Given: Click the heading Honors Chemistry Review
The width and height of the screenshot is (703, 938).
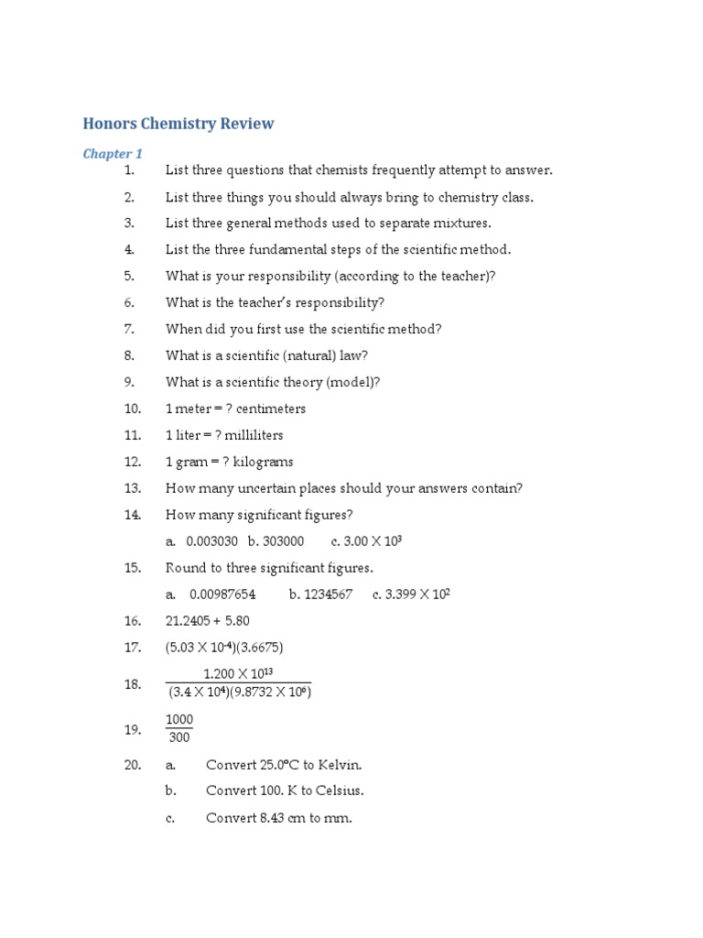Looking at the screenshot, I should coord(178,124).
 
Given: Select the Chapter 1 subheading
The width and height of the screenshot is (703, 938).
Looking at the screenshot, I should coord(113,154).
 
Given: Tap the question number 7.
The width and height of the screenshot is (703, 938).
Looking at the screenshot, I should coord(129,329).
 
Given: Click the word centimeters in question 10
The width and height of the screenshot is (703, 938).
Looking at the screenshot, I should coord(271,409).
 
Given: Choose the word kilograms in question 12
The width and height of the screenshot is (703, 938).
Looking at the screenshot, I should coord(264,462).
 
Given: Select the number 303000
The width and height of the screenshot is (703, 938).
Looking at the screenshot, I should coord(284,541).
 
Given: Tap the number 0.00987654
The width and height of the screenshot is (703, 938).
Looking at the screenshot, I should coord(222,594).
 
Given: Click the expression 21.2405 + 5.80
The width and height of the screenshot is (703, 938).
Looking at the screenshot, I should coord(208,621).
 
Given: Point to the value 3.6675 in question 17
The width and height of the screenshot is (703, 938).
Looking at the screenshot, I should coord(259,648).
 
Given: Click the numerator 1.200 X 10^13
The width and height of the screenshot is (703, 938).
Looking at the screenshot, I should coord(238,674).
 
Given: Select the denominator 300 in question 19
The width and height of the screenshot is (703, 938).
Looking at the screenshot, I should coord(179,737).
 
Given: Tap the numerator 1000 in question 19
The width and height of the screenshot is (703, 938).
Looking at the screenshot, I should coord(179,721).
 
